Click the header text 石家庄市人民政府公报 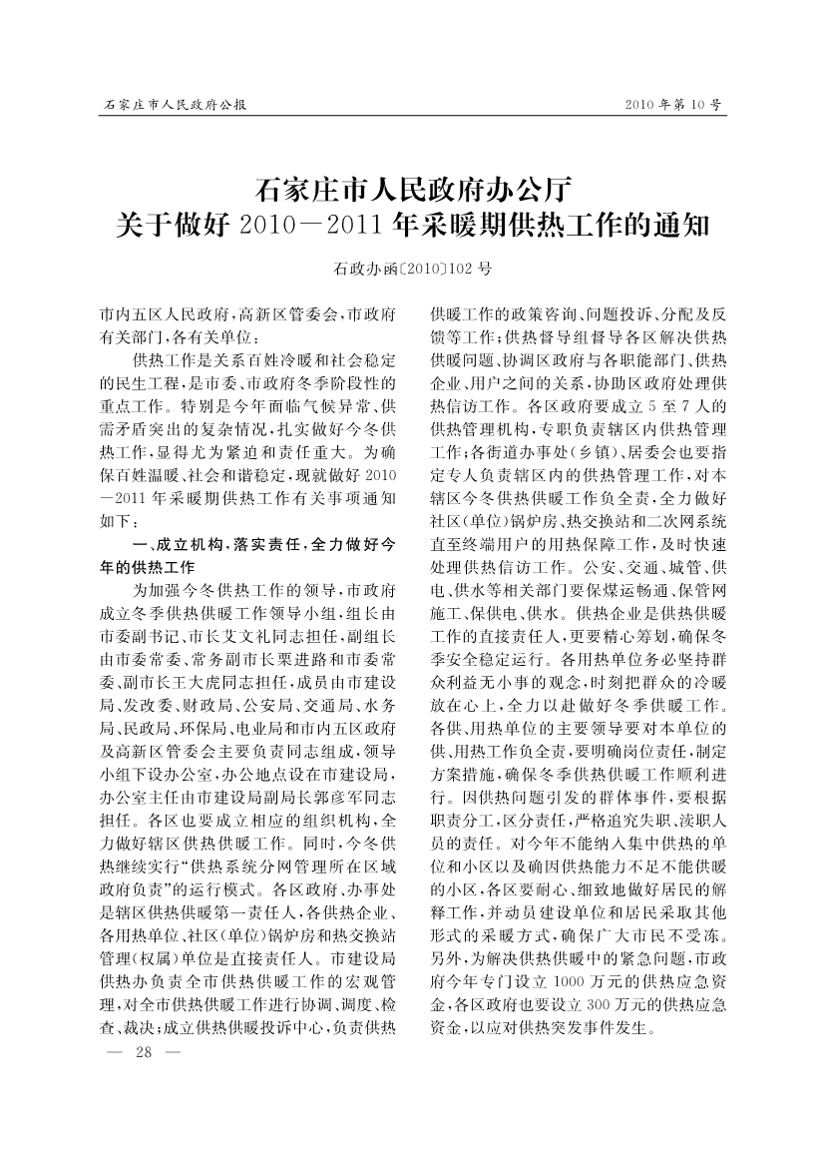pyautogui.click(x=175, y=105)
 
